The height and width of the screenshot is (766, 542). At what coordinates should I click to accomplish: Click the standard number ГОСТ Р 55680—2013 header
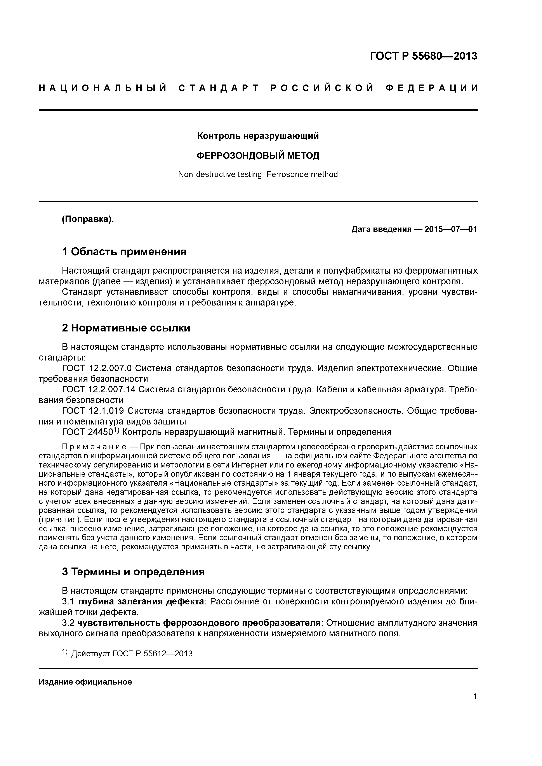(x=424, y=56)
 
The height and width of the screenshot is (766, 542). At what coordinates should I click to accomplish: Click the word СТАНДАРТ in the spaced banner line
(x=219, y=88)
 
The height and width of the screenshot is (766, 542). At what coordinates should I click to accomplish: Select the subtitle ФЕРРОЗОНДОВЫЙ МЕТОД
(x=258, y=155)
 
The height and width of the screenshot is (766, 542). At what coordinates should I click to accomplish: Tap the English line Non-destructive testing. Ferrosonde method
(x=258, y=174)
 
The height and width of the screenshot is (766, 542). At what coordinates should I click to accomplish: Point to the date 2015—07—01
(x=451, y=229)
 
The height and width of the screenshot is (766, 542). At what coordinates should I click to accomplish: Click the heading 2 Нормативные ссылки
(x=126, y=328)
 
